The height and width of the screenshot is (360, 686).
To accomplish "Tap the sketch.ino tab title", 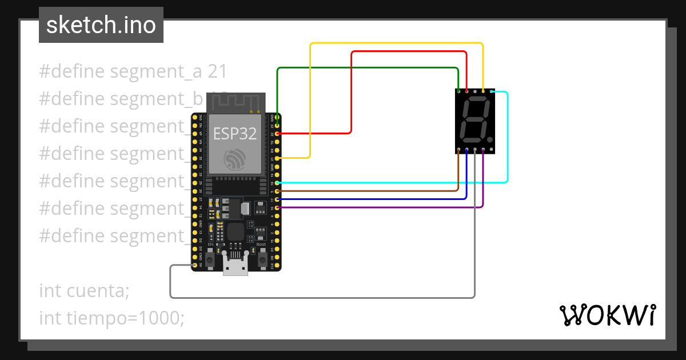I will (x=101, y=25).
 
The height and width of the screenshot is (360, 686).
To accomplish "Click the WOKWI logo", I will (x=607, y=315).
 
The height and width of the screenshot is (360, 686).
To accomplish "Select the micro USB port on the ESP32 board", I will (x=236, y=267).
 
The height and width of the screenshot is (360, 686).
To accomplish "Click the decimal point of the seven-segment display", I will (x=490, y=139).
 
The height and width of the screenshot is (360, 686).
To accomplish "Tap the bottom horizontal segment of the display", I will (x=472, y=139).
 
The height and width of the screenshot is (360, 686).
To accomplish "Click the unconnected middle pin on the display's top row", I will (x=475, y=91).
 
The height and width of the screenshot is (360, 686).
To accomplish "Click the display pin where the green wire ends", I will (x=459, y=91).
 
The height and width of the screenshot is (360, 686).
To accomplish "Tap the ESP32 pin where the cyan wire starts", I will (x=277, y=182).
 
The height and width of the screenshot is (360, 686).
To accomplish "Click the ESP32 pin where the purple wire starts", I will (x=277, y=207).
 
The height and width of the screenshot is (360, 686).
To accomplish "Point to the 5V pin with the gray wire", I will (x=195, y=266).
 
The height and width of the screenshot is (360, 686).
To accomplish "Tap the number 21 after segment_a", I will (x=217, y=71).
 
